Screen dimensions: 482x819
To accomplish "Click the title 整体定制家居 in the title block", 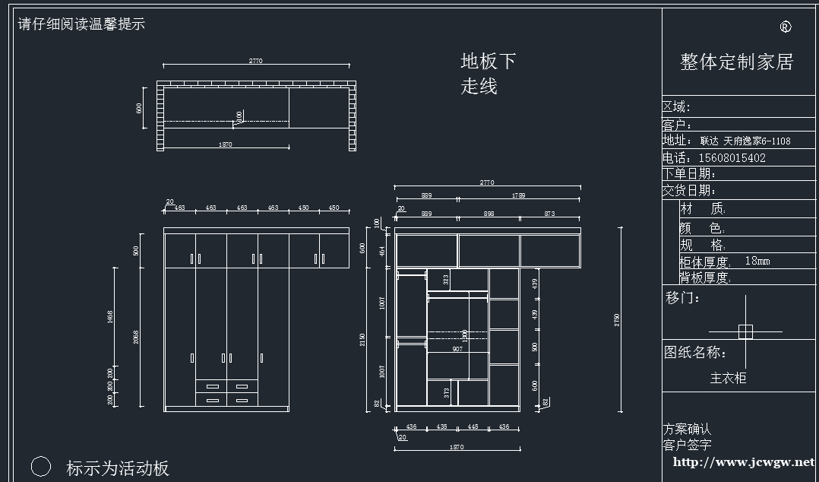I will [x=736, y=62].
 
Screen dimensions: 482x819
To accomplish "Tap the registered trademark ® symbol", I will [x=786, y=27].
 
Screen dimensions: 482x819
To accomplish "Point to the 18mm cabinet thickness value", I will [x=757, y=261].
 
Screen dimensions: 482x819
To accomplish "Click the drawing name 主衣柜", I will [x=728, y=378].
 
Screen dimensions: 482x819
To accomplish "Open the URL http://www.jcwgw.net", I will [x=743, y=461].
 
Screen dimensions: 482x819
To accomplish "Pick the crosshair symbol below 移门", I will [x=745, y=331].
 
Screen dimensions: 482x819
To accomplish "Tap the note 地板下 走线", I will [x=488, y=74].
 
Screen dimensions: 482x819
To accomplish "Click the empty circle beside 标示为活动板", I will [x=41, y=467].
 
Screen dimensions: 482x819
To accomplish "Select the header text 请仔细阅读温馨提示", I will [x=81, y=24].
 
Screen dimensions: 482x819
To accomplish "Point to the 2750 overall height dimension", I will [x=617, y=319].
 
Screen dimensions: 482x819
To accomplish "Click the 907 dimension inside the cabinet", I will [x=457, y=349].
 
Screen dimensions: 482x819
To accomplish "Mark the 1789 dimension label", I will [x=519, y=195].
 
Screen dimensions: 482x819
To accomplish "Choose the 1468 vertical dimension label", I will [x=110, y=316].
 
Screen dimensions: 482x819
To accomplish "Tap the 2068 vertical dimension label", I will [x=136, y=335].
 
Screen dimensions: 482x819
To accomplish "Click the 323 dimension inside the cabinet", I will [x=446, y=279].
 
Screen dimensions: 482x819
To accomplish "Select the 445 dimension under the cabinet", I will [x=473, y=427].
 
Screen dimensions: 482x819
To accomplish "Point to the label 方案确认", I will [x=687, y=430].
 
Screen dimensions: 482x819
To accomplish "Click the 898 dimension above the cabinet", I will [x=489, y=214].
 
